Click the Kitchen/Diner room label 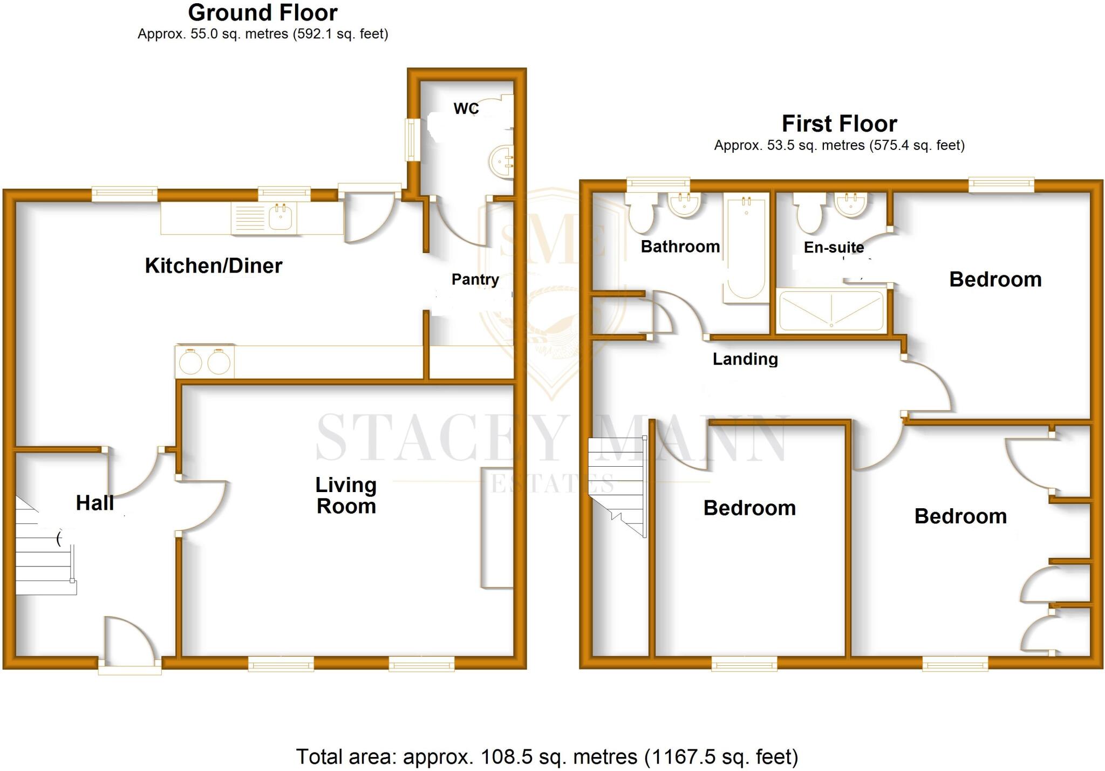tap(214, 266)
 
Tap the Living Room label tap(346, 496)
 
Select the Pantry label tap(475, 279)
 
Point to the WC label tap(466, 109)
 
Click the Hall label tap(95, 503)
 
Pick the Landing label tap(745, 359)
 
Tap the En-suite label tap(834, 248)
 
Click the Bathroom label tap(680, 247)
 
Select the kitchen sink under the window tap(281, 217)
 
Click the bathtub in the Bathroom tap(746, 248)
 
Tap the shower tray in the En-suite tap(831, 310)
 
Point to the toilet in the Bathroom tap(641, 213)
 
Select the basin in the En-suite tap(850, 205)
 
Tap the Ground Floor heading tap(263, 12)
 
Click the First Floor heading tap(839, 124)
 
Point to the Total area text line tap(547, 756)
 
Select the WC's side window tap(413, 139)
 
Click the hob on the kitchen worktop tap(204, 361)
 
